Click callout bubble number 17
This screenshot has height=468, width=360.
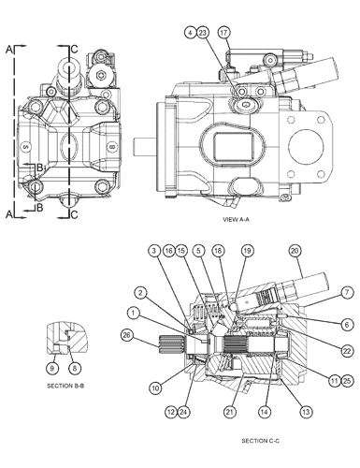(x=223, y=33)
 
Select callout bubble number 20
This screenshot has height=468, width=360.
(x=295, y=251)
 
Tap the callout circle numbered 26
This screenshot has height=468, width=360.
(x=127, y=336)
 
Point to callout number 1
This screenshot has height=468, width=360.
(x=134, y=312)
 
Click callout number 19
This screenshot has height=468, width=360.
(x=247, y=251)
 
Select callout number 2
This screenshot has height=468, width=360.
(x=138, y=292)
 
